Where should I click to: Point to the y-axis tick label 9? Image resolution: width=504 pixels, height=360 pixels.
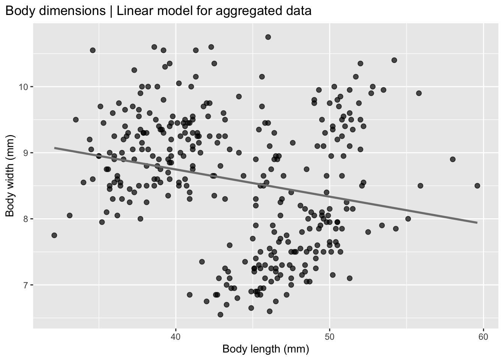coord(27,153)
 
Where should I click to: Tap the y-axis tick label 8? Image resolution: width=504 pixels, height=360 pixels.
coord(27,219)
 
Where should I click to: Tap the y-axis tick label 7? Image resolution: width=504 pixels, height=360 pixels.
coord(27,285)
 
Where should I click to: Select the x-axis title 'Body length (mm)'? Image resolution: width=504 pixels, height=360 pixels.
coord(265,349)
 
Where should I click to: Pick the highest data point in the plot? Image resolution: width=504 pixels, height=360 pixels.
coord(268,37)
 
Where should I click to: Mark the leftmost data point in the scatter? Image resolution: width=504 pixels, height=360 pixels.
coord(54,235)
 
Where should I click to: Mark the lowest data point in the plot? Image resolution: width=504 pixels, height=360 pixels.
coord(220,314)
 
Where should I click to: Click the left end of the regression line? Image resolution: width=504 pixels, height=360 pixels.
coord(55,148)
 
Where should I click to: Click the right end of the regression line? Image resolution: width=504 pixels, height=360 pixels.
coord(477,223)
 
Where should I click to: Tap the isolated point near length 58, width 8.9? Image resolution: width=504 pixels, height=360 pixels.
coord(453,159)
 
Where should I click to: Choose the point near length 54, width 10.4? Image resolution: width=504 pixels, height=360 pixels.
coord(394,60)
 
